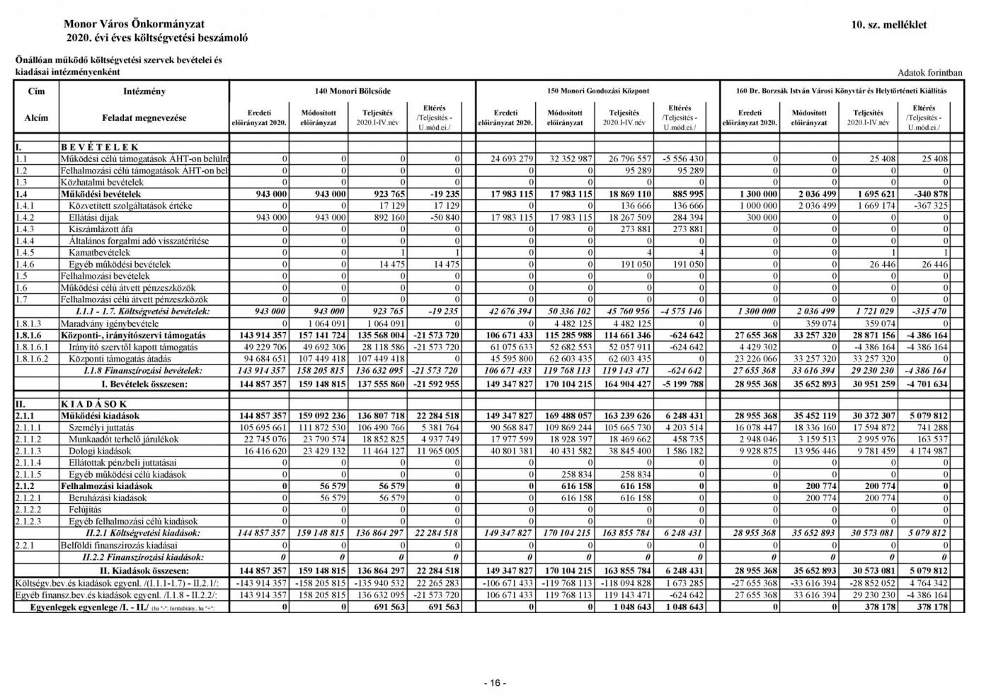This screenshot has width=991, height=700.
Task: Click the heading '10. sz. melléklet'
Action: coord(889,25)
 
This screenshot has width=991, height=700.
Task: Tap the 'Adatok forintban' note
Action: coord(929,73)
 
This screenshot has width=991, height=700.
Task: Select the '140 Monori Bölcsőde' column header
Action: coord(353,91)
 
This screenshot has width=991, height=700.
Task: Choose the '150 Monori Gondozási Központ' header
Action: coord(598,91)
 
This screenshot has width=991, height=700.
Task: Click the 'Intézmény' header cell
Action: coord(144,91)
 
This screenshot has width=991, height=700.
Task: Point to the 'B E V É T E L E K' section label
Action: coord(99,147)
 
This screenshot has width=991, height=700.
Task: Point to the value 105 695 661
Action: coord(258,428)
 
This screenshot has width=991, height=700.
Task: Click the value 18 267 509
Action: coord(626,217)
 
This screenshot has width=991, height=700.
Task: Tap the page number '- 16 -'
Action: coord(495,683)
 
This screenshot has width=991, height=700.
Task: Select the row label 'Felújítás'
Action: coord(85,510)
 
